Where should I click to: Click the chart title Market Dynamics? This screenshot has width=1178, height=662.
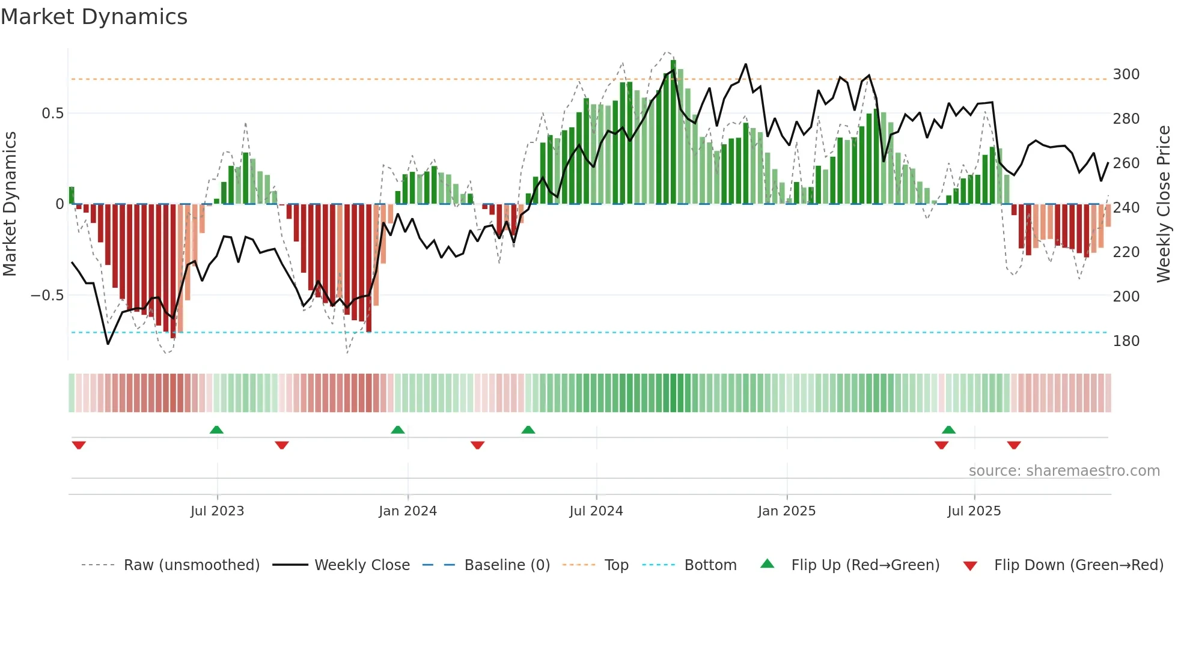pos(94,17)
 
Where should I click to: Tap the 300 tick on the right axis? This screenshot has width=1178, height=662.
pos(1126,74)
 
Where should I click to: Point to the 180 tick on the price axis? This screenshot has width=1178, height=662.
pos(1126,341)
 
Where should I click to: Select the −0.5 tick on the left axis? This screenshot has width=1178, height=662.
pos(47,296)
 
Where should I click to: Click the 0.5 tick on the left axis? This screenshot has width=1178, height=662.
pos(52,114)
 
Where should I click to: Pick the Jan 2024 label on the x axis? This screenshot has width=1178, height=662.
pos(407,511)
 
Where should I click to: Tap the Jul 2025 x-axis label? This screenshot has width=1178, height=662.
pos(974,511)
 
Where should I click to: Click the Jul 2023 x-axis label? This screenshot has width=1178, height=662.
pos(217,511)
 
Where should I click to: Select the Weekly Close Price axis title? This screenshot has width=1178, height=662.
pos(1164,204)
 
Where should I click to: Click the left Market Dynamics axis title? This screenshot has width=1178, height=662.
pos(10,204)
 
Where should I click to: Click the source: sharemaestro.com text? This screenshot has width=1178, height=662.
pos(1064,471)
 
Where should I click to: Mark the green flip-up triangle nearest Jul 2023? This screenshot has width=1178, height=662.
pos(216,430)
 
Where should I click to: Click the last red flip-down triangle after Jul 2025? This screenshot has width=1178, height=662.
pos(1014,445)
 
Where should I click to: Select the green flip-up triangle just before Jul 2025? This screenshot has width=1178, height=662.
pos(948,430)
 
